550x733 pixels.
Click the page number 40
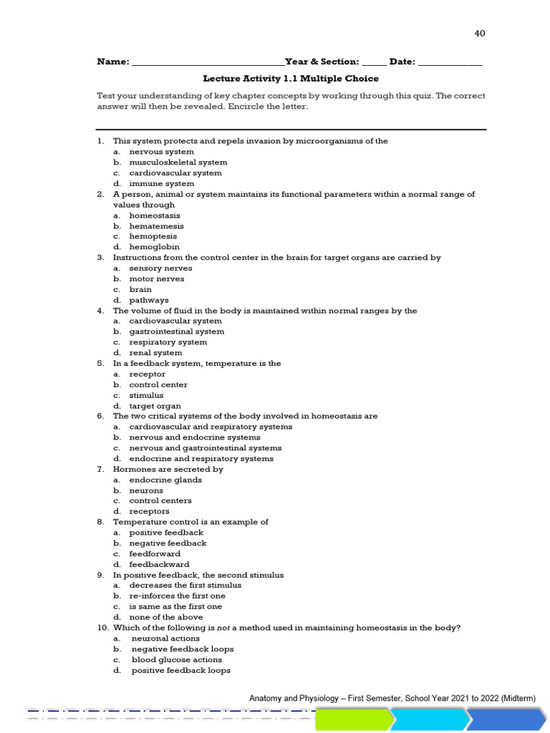coord(480,34)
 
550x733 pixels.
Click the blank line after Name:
coord(208,62)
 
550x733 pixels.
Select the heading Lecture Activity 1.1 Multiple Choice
coord(291,79)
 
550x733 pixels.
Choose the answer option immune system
coord(161,184)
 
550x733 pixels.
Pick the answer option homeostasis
coord(155,215)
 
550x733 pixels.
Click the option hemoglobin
coord(154,247)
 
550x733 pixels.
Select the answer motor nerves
coord(156,279)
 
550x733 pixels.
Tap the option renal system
coord(155,353)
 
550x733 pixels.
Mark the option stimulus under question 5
coord(146,395)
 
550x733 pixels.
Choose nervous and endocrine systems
coord(195,437)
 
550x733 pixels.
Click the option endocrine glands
coord(165,480)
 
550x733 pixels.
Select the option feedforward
coord(155,554)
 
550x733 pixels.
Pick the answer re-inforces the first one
coord(177,596)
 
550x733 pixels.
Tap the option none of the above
coord(165,617)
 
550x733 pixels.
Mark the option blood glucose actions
coord(176,660)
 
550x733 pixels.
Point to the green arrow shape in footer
coord(354,719)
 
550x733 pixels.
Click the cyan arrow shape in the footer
coord(430,719)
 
